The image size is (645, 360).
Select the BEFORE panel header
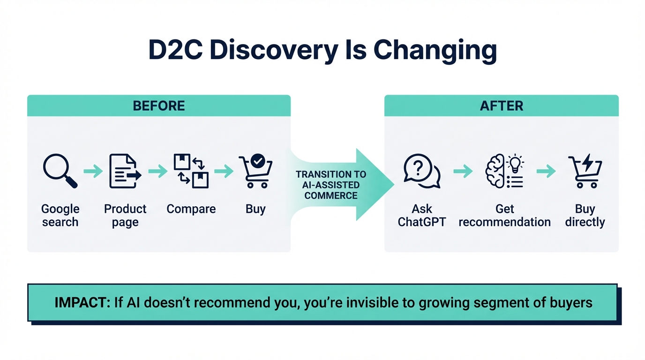159,105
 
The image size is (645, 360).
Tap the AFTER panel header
501,105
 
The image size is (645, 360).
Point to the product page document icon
125,172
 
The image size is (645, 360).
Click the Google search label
60,215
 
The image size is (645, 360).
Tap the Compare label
191,209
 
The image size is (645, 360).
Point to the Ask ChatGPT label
421,215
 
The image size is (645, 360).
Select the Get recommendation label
504,215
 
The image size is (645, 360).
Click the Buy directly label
585,215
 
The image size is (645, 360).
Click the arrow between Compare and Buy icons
224,172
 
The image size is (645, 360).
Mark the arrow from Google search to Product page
93,172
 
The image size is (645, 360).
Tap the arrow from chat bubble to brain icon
463,172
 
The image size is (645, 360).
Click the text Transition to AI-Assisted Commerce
331,185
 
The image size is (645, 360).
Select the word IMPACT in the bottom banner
80,302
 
